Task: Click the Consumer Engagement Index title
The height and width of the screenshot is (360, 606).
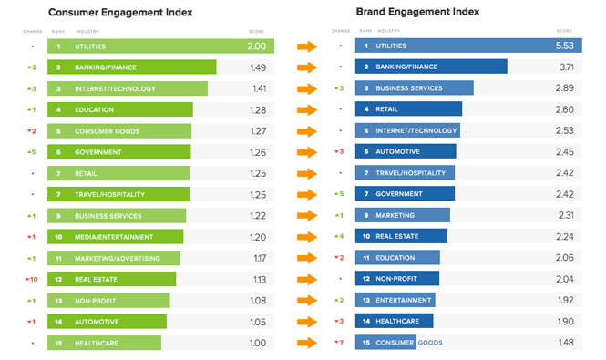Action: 113,12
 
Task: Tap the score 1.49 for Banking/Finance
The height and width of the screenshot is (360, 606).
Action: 258,67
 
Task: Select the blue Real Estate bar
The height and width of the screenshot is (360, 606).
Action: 401,237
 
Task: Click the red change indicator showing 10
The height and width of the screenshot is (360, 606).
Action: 31,279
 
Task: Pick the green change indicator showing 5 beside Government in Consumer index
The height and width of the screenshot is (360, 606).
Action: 31,152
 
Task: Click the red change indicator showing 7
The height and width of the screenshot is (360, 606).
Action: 338,343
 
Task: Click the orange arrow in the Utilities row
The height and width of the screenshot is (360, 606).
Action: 306,46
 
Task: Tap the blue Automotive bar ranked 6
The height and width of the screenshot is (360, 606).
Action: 406,152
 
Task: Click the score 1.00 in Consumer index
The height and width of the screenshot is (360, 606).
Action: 258,343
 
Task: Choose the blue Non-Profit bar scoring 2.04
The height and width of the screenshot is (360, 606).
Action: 397,279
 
